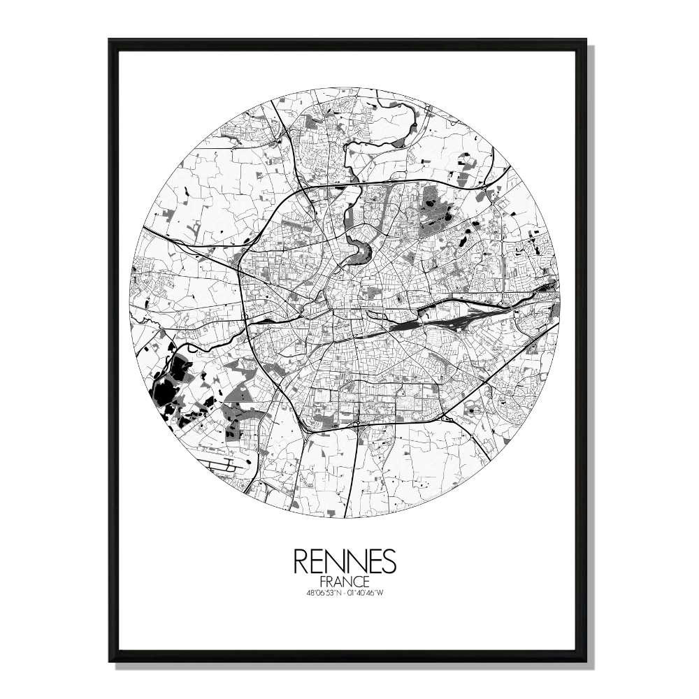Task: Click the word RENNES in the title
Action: [x=345, y=561]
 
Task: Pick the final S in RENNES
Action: [x=388, y=561]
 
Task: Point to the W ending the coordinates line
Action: [x=394, y=594]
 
